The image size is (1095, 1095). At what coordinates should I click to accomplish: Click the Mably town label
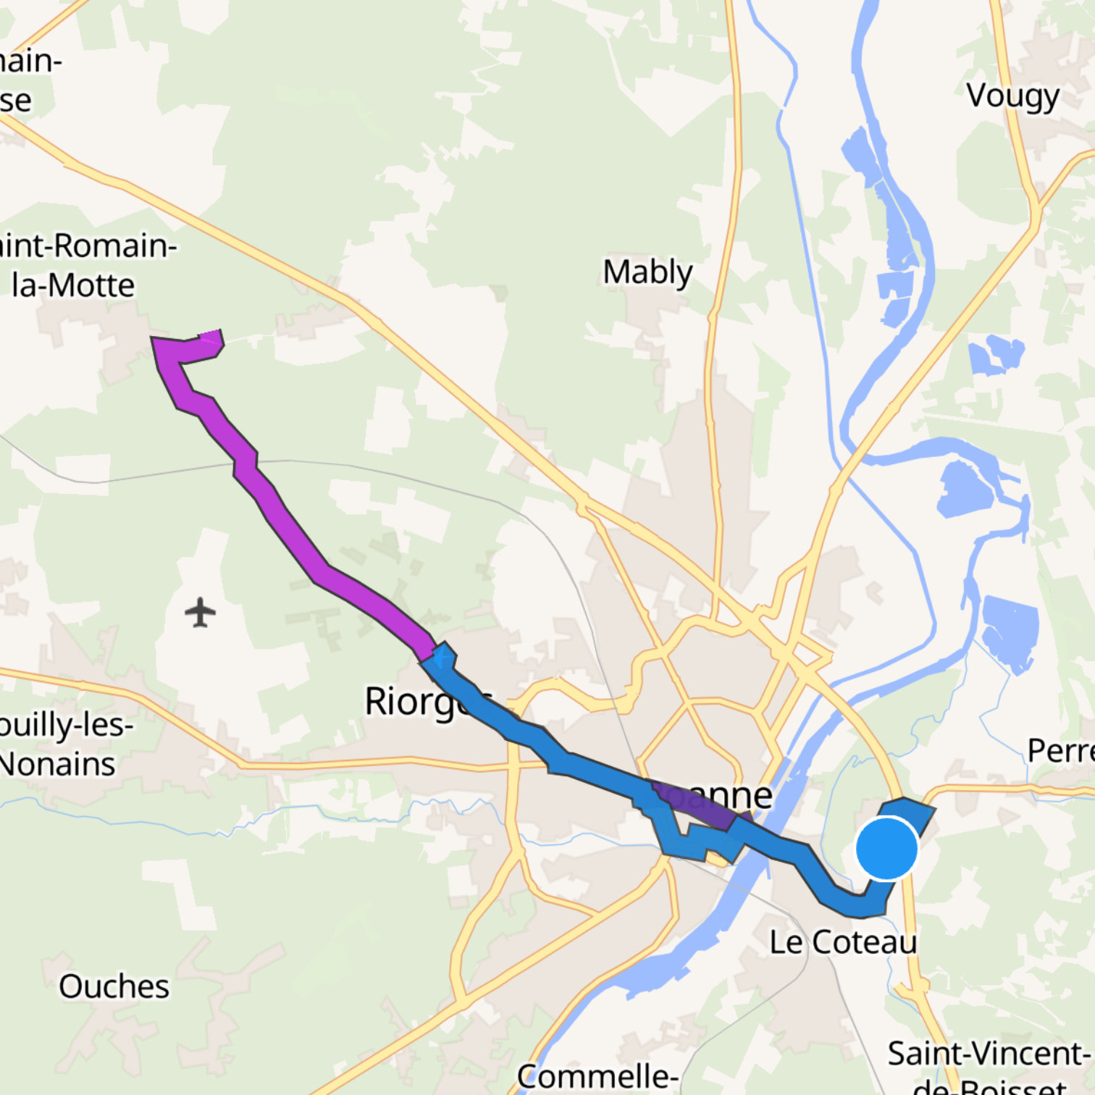tap(647, 272)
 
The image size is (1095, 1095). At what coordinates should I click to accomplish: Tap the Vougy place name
tap(1012, 96)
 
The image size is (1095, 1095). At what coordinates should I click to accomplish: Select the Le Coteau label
tap(842, 942)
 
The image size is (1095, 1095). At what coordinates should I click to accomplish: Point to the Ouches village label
tap(114, 986)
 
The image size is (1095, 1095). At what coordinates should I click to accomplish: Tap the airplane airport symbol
tap(201, 613)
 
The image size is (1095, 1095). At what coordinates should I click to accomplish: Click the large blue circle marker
tap(886, 848)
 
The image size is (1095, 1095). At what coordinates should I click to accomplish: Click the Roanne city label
tap(713, 795)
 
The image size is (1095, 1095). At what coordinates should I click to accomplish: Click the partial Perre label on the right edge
tap(1060, 751)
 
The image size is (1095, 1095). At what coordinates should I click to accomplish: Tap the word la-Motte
tap(73, 285)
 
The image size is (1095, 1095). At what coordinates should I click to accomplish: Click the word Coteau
tap(864, 942)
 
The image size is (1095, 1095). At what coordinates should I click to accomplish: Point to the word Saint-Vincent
tap(988, 1054)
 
